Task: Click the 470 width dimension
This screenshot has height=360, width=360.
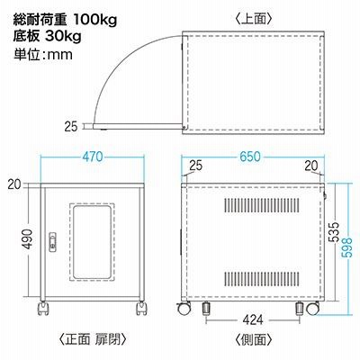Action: [x=93, y=157]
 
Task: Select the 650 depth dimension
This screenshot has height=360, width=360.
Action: [x=250, y=157]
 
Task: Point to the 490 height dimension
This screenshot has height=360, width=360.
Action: [x=28, y=239]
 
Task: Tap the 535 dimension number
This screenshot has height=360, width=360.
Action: [x=334, y=232]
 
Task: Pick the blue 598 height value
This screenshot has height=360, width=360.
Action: [x=347, y=247]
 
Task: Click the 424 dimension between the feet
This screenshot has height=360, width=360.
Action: [x=253, y=320]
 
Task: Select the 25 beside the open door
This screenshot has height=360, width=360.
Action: [x=71, y=127]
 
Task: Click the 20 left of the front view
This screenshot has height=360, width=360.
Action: [x=14, y=184]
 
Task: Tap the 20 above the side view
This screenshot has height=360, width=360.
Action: [x=311, y=166]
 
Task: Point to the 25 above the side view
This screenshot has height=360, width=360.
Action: [x=196, y=166]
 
